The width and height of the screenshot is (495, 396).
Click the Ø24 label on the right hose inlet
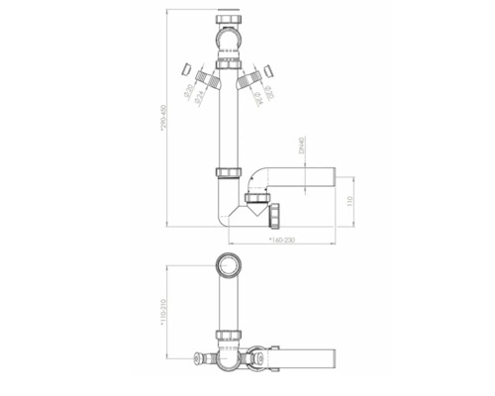(x=256, y=96)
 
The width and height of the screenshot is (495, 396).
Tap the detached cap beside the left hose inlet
(x=187, y=69)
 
